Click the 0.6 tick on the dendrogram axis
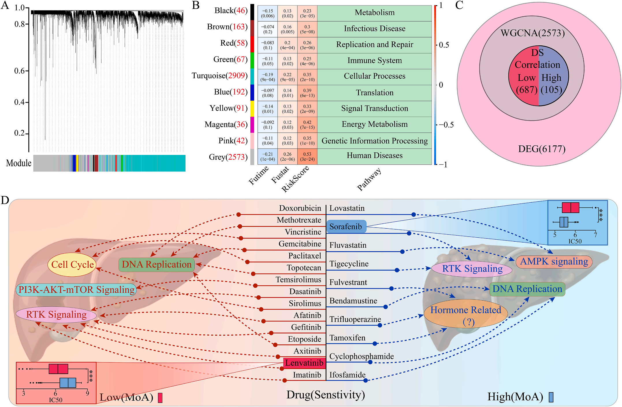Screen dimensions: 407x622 [x=21, y=71]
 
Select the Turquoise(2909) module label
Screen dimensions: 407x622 [x=219, y=76]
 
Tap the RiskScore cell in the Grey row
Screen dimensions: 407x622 [x=307, y=157]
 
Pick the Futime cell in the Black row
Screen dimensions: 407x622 [x=268, y=13]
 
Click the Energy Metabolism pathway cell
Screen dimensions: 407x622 [x=375, y=124]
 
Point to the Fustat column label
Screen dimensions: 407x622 [x=280, y=175]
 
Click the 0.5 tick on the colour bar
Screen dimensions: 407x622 [x=444, y=45]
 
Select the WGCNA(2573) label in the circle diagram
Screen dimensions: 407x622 [x=532, y=33]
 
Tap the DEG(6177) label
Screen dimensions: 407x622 [x=541, y=149]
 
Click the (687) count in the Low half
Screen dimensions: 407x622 [x=526, y=90]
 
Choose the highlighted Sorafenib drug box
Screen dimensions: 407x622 [x=346, y=227]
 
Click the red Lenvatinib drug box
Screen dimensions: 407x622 [x=304, y=363]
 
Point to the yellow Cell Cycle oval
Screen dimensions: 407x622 [x=72, y=264]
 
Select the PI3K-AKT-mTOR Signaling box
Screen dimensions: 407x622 [x=76, y=290]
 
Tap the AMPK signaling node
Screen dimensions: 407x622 [x=554, y=262]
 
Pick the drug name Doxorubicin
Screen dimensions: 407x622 [x=300, y=208]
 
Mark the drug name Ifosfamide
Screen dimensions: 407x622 [x=347, y=375]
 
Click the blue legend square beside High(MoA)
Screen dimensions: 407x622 [x=551, y=397]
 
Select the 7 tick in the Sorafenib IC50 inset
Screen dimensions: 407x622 [x=595, y=235]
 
